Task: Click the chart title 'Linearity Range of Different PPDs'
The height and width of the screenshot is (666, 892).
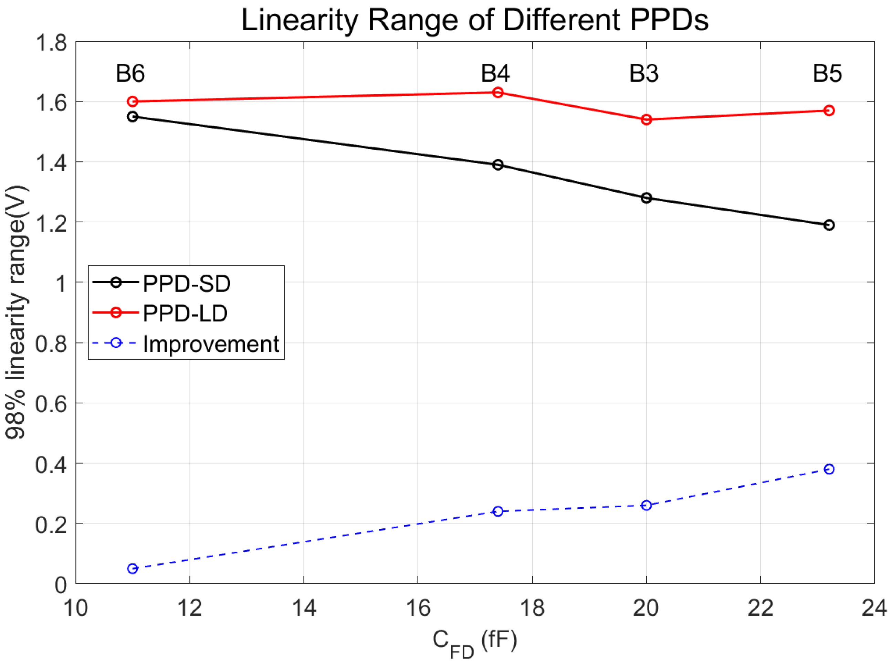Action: point(475,20)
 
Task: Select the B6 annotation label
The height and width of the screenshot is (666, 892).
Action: point(130,74)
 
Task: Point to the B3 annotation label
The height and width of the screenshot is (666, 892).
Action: point(644,74)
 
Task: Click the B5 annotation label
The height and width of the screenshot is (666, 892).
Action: point(827,74)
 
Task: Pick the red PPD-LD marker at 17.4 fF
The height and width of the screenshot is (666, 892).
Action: point(498,93)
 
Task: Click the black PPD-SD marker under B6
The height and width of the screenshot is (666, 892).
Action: point(133,117)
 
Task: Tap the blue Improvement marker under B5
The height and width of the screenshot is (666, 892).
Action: point(829,469)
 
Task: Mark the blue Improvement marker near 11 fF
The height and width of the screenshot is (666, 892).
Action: point(133,569)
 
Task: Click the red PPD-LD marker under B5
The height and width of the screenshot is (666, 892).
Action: point(829,110)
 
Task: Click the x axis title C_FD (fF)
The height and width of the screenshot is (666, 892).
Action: point(475,642)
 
